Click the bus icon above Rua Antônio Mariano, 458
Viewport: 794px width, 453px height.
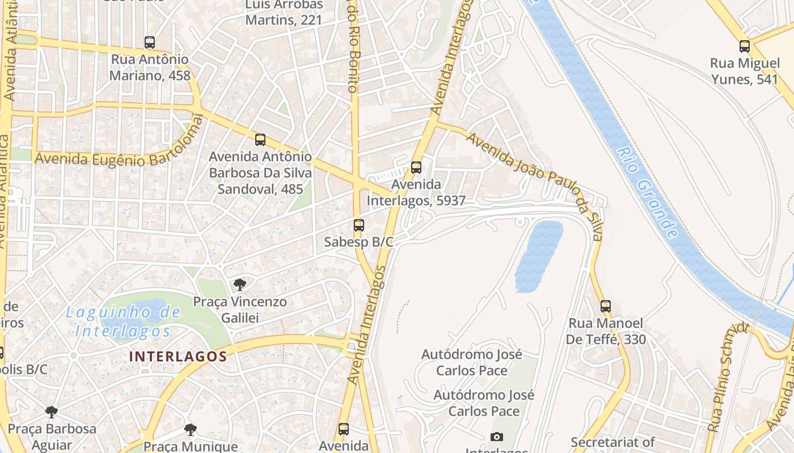point(150,42)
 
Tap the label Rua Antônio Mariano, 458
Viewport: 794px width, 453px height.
point(150,67)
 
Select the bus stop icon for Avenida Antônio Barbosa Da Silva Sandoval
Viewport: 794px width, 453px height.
point(260,140)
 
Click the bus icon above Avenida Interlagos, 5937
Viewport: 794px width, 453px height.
point(416,168)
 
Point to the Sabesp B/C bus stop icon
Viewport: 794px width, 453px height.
point(359,225)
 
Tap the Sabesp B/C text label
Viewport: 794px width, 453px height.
point(358,242)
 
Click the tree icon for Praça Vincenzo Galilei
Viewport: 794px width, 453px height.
point(240,285)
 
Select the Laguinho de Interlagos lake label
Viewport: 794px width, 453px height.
point(123,321)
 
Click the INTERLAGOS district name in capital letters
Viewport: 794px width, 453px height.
point(178,356)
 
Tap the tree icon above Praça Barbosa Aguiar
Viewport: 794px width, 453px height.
point(52,412)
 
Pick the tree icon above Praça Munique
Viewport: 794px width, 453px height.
point(191,430)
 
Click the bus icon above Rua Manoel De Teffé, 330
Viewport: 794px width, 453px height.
point(606,307)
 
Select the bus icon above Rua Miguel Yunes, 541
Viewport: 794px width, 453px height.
point(745,47)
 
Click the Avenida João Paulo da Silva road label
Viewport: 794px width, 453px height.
point(533,176)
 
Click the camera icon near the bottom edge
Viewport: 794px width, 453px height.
point(497,437)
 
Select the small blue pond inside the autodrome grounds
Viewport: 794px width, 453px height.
point(538,255)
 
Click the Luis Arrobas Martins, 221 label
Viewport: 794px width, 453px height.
point(284,12)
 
